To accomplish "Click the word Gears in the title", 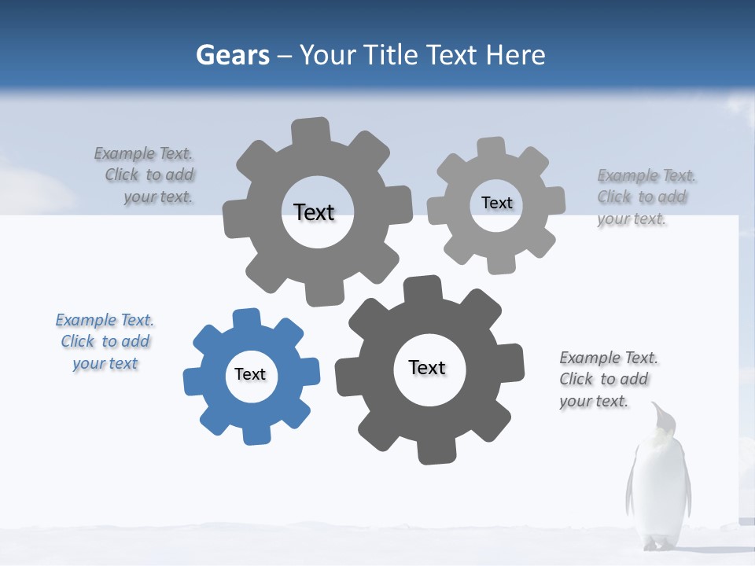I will (232, 56).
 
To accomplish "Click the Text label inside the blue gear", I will (250, 374).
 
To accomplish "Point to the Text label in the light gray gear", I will (496, 203).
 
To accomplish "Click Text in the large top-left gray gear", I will (314, 212).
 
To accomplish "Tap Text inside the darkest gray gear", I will (427, 368).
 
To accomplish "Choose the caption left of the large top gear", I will (145, 175).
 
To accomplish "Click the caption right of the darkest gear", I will (608, 380).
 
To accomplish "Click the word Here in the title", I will (515, 56).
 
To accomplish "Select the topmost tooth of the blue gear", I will (246, 318).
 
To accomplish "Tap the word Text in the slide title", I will (453, 56).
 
